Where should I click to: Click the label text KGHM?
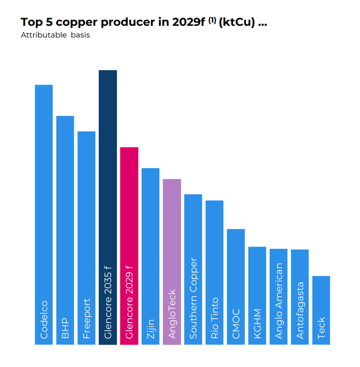257,324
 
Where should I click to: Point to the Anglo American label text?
278,301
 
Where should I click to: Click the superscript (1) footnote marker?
212,20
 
